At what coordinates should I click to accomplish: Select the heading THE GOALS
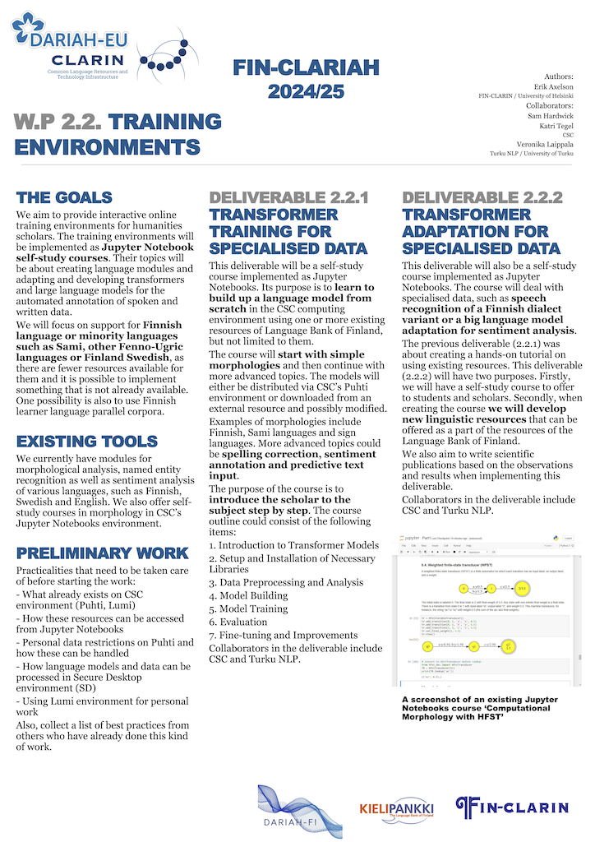pyautogui.click(x=64, y=198)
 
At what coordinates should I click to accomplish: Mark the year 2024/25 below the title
pyautogui.click(x=305, y=92)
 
